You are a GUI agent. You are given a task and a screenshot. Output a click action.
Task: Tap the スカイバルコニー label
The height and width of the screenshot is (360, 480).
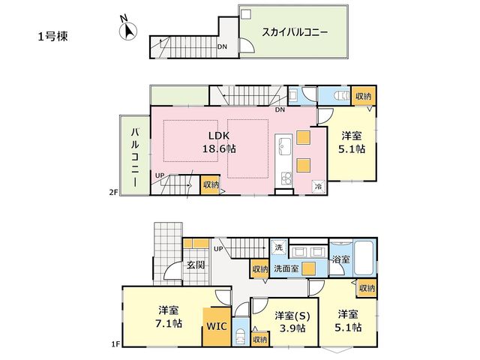click(295, 32)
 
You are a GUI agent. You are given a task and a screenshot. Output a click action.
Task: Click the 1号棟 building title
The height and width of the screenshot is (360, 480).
click(53, 37)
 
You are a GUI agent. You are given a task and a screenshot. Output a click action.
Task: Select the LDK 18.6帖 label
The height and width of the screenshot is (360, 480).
click(219, 142)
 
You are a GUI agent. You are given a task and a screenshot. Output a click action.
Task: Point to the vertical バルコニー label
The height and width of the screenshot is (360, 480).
click(135, 157)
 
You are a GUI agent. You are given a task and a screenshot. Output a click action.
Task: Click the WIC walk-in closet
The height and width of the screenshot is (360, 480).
click(217, 327)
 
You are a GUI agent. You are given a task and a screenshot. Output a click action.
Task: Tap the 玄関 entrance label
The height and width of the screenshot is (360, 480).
click(196, 265)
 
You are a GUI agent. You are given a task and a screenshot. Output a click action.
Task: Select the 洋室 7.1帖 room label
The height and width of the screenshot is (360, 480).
click(169, 316)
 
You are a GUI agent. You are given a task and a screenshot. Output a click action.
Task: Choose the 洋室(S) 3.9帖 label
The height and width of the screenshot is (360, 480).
click(292, 322)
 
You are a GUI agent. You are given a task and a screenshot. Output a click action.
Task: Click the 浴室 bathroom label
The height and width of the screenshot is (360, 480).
click(341, 259)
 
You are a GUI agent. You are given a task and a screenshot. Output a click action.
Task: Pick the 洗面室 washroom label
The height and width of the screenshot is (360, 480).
click(286, 268)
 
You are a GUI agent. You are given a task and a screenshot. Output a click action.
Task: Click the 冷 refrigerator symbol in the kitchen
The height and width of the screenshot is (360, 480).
click(319, 187)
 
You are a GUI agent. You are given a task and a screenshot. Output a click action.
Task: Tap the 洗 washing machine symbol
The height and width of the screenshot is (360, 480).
click(278, 247)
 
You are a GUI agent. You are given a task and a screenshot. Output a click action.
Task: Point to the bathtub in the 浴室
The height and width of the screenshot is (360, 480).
click(364, 258)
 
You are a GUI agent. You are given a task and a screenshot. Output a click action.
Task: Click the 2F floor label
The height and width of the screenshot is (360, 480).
click(114, 193)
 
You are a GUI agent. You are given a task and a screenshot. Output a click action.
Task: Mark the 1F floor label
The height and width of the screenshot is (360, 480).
click(115, 345)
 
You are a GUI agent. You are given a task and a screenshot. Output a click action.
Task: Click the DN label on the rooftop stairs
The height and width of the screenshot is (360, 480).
click(222, 46)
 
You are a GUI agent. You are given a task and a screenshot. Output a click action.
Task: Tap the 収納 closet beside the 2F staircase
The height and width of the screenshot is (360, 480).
click(210, 184)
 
